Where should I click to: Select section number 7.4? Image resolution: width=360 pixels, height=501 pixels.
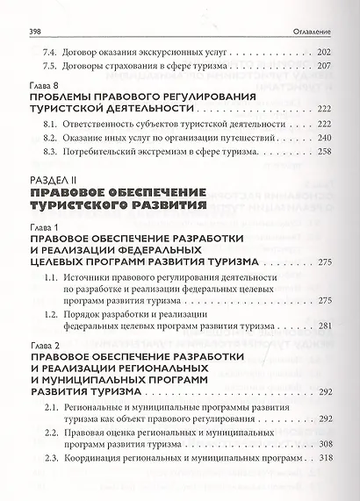coord(52,53)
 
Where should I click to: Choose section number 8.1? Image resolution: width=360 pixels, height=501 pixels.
coord(51,125)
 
